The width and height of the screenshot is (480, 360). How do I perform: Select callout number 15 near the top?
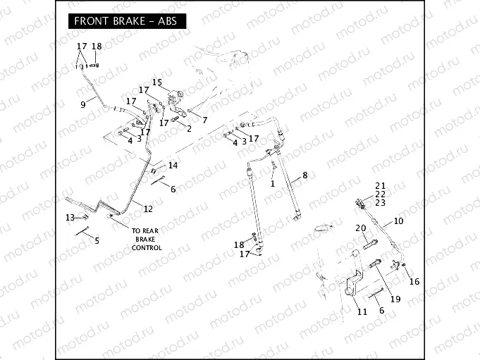tap(156, 82)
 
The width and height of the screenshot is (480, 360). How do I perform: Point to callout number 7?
tap(204, 120)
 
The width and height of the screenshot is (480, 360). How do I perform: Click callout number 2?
tap(189, 128)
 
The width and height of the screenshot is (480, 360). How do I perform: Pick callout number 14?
tap(173, 165)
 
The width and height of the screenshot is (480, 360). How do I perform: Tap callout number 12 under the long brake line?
tap(147, 209)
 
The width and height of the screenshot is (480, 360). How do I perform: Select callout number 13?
tap(70, 216)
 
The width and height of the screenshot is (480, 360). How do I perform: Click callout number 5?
tap(97, 240)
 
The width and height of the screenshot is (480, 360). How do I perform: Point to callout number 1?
tap(272, 183)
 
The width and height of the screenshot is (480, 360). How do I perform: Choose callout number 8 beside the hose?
tap(304, 175)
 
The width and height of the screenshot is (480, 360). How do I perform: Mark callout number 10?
tap(398, 221)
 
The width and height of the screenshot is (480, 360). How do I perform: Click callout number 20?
tap(360, 228)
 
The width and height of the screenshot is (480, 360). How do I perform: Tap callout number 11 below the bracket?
tap(362, 311)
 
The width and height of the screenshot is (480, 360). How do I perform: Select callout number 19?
tap(395, 299)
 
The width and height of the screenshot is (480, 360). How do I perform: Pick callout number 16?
tap(414, 282)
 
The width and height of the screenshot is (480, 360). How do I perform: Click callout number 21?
tap(381, 185)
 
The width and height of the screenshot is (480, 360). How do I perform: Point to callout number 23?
tap(381, 202)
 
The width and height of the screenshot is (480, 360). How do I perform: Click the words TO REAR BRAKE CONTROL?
tap(147, 239)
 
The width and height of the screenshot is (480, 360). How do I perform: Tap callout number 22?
tap(381, 194)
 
